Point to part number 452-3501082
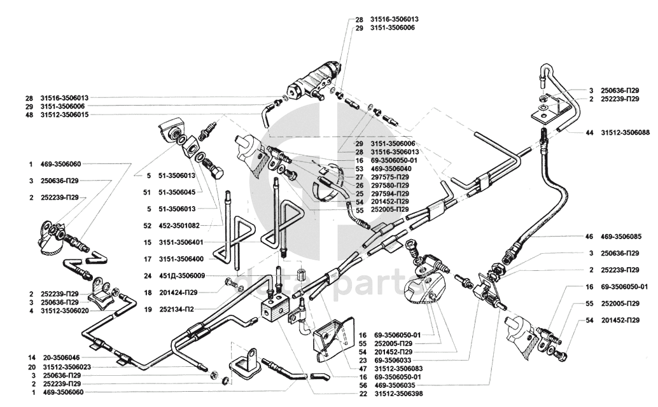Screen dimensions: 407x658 (181, 225)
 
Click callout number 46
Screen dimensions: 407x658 (589, 236)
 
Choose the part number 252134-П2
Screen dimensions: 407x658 (178, 310)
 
